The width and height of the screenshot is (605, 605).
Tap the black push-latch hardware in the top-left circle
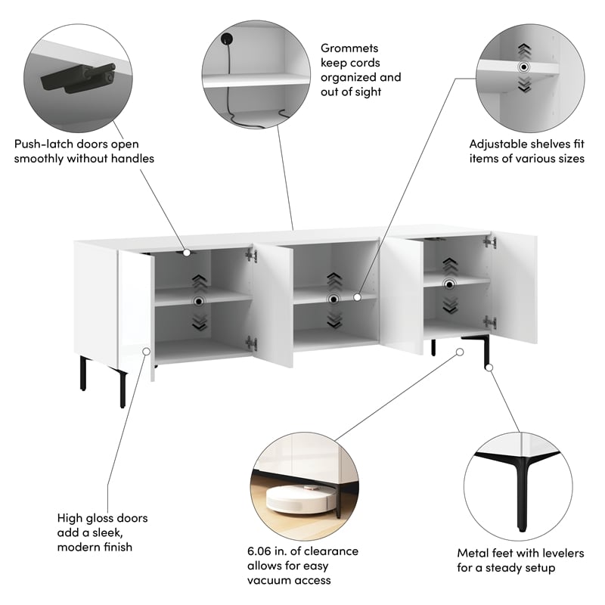click(79, 78)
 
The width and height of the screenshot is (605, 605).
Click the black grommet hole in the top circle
click(226, 39)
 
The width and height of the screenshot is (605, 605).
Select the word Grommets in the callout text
click(349, 48)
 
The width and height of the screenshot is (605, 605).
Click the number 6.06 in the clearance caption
click(259, 551)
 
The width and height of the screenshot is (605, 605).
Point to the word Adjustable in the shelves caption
click(496, 144)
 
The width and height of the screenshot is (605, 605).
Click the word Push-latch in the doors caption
click(43, 144)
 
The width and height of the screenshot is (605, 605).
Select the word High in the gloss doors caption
click(70, 518)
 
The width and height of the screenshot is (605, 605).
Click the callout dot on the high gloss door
click(147, 352)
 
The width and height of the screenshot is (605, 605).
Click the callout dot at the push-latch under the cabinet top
click(187, 253)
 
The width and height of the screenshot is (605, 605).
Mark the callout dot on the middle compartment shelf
click(357, 297)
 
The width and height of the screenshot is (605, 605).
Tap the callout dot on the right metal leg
click(489, 368)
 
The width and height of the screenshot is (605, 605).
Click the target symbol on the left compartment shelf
click(199, 301)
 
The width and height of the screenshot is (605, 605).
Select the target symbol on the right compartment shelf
click(449, 285)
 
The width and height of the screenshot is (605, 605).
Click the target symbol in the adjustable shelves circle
click(523, 67)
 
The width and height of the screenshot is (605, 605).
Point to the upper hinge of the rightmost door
click(489, 242)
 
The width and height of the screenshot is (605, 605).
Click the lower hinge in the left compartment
click(251, 343)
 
